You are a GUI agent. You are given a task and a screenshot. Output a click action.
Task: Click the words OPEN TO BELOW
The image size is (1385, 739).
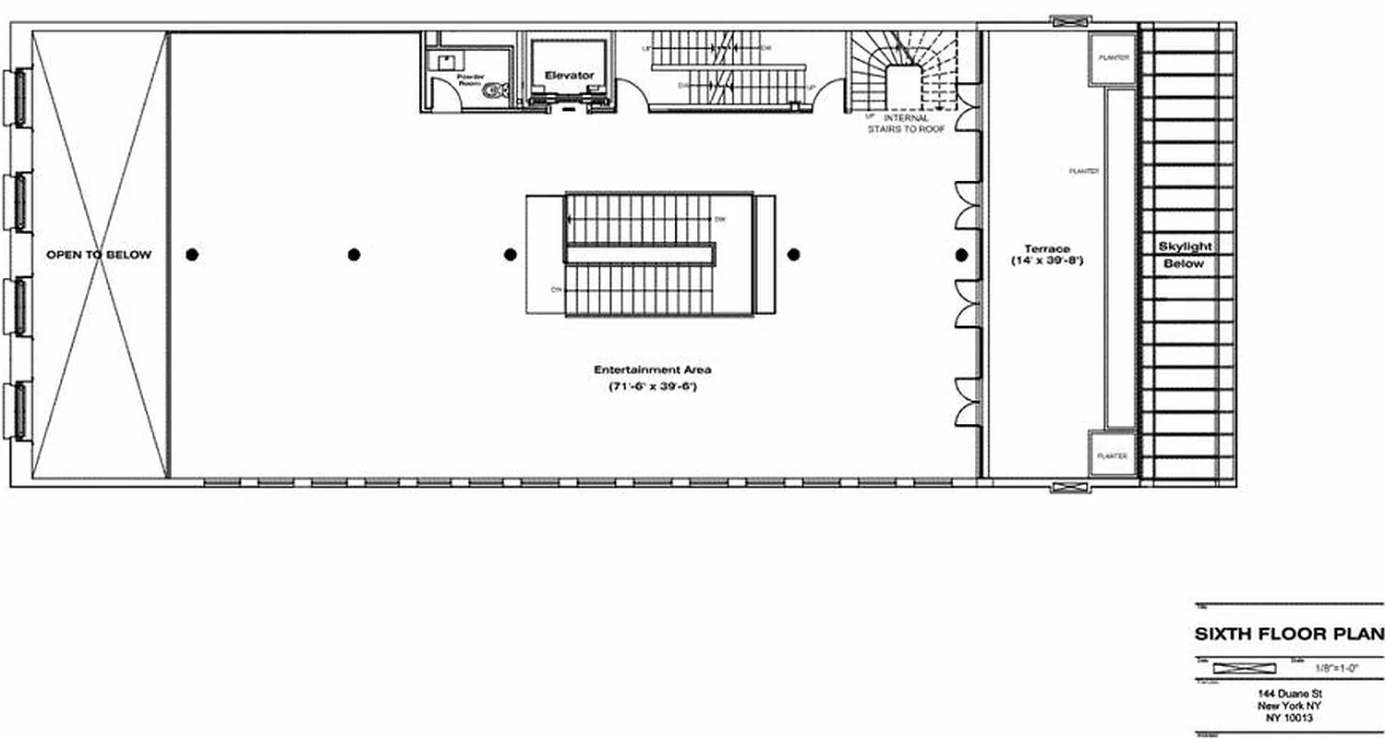coord(99,254)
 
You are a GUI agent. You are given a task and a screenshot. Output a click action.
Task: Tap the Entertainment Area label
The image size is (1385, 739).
coord(653,369)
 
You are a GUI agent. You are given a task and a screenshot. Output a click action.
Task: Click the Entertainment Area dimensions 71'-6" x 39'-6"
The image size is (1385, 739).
coord(652,386)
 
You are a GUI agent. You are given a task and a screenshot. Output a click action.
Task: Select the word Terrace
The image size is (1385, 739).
coord(1046,248)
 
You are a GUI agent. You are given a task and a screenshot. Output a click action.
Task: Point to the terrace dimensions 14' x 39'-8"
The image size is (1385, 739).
coord(1046,261)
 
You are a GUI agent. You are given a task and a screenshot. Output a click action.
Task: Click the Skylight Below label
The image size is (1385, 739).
coord(1185,255)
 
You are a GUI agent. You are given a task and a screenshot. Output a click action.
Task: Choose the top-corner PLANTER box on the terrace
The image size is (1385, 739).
coord(1114,57)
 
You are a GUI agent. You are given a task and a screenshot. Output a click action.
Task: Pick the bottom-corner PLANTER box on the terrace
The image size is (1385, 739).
coord(1112,455)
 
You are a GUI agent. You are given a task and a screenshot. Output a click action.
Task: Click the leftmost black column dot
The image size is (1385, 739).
coord(192,255)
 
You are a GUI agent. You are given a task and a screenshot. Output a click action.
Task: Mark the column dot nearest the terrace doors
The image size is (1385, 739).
coord(961,255)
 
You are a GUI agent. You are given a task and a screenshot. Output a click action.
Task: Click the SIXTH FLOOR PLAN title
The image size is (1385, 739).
coord(1289,634)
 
